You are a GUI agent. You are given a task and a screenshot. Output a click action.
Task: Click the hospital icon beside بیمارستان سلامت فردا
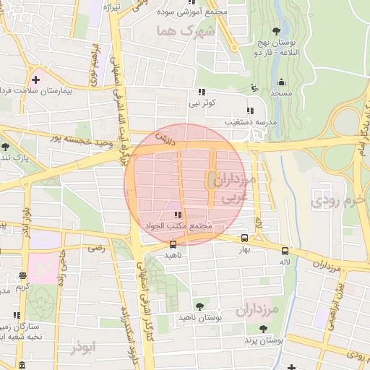(34, 78)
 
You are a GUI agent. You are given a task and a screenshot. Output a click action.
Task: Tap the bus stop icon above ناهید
(172, 244)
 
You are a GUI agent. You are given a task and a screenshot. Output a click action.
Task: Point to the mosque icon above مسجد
(281, 82)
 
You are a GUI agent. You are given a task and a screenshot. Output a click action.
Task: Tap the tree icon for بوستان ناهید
(199, 306)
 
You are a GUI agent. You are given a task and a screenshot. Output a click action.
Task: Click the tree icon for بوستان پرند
(262, 328)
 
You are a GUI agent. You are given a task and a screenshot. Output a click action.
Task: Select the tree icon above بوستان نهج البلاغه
(276, 30)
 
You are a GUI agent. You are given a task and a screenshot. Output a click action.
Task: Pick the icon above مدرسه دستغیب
(250, 111)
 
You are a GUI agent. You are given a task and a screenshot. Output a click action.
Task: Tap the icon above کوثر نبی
(202, 92)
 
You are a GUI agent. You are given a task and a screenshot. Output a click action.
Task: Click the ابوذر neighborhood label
(83, 348)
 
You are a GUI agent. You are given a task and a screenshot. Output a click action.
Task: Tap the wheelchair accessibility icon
(253, 87)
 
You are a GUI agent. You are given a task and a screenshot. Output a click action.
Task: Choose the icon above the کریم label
(23, 275)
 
